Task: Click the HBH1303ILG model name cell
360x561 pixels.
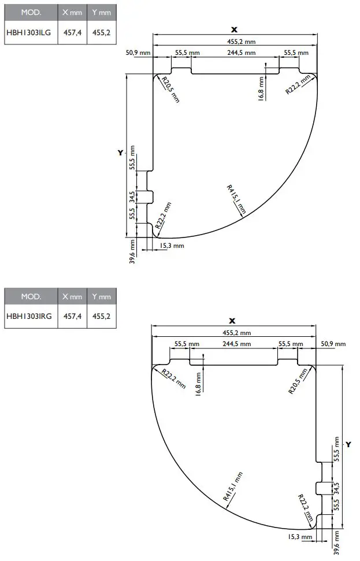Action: [x=28, y=33]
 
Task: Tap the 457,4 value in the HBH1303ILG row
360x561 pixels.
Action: [x=72, y=33]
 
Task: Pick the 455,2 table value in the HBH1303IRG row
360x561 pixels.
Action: [x=101, y=316]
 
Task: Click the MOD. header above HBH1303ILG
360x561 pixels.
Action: [x=31, y=12]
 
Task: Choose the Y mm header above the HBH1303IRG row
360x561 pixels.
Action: [x=101, y=296]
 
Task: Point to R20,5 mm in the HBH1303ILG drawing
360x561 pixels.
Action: [x=170, y=90]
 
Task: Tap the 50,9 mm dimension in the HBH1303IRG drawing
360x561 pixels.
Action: [x=332, y=344]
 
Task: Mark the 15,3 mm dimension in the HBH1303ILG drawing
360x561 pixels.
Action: [x=171, y=246]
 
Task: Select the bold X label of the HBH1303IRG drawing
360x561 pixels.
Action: [x=232, y=321]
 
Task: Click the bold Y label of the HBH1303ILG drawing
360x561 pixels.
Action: [x=120, y=153]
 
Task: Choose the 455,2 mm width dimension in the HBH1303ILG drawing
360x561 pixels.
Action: [x=241, y=41]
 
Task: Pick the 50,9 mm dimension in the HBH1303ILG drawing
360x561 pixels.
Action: [x=138, y=53]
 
